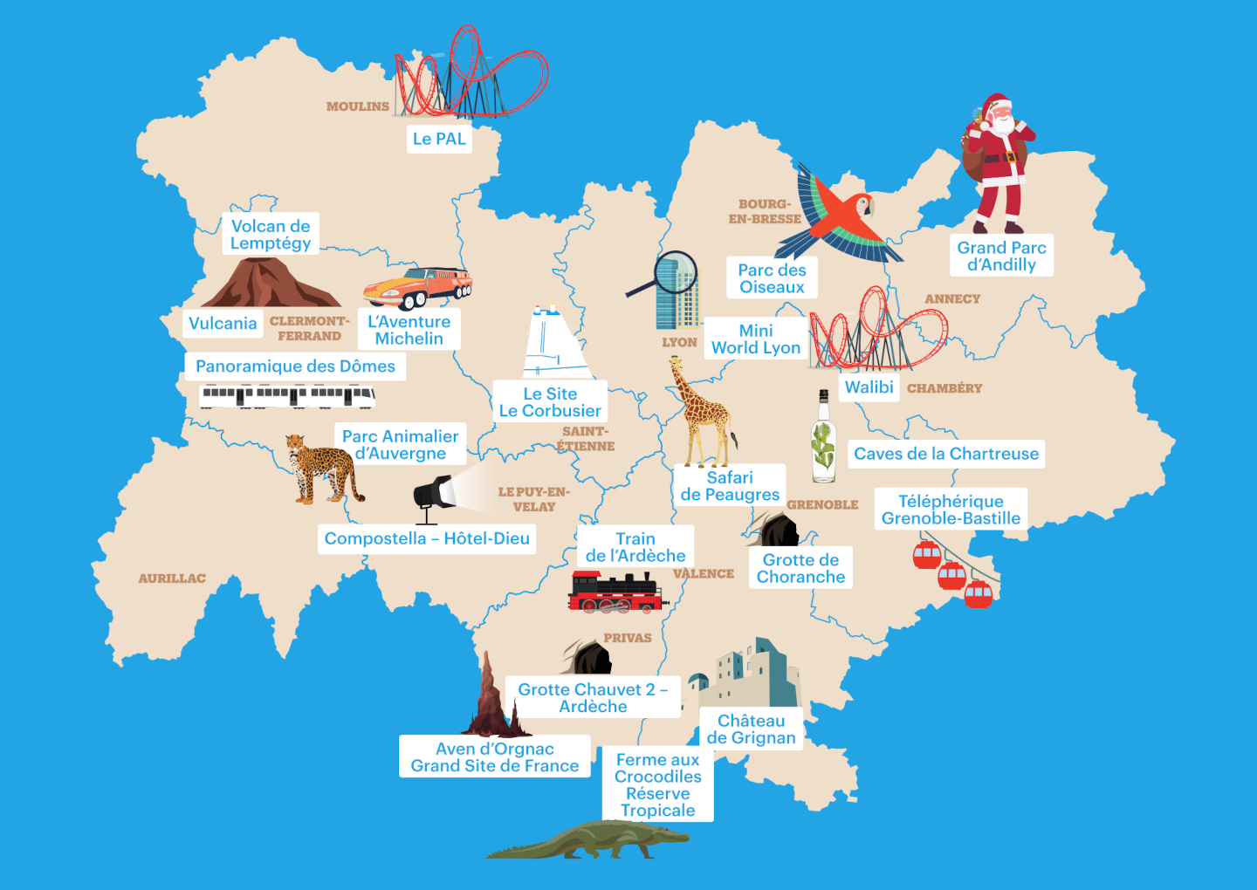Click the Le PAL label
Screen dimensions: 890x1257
point(440,139)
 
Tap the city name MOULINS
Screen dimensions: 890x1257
point(358,106)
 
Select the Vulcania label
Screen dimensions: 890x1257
point(223,324)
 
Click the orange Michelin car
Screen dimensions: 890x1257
point(417,286)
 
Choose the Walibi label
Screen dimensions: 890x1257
point(869,387)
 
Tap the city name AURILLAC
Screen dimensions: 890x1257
point(172,578)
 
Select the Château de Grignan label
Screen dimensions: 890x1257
point(751,729)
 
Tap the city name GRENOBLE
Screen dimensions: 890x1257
point(822,505)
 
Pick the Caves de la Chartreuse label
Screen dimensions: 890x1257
point(946,454)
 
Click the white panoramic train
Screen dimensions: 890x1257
point(287,397)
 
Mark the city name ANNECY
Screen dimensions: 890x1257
point(952,299)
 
